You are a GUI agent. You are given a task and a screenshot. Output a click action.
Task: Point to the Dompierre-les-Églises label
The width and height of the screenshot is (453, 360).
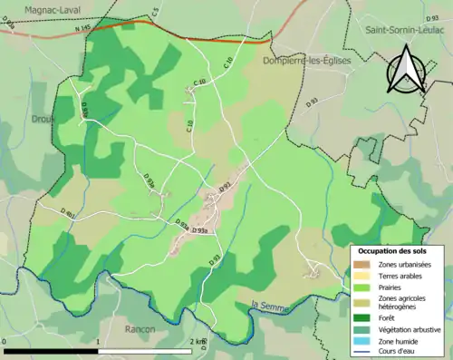pos(305,61)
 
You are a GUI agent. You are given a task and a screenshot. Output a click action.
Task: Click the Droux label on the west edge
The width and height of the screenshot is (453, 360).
pos(43,119)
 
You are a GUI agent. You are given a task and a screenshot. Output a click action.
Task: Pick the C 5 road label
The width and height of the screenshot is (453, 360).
pos(155,11)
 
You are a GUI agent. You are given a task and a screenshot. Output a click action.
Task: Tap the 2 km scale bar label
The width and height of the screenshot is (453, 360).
pos(198,342)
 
